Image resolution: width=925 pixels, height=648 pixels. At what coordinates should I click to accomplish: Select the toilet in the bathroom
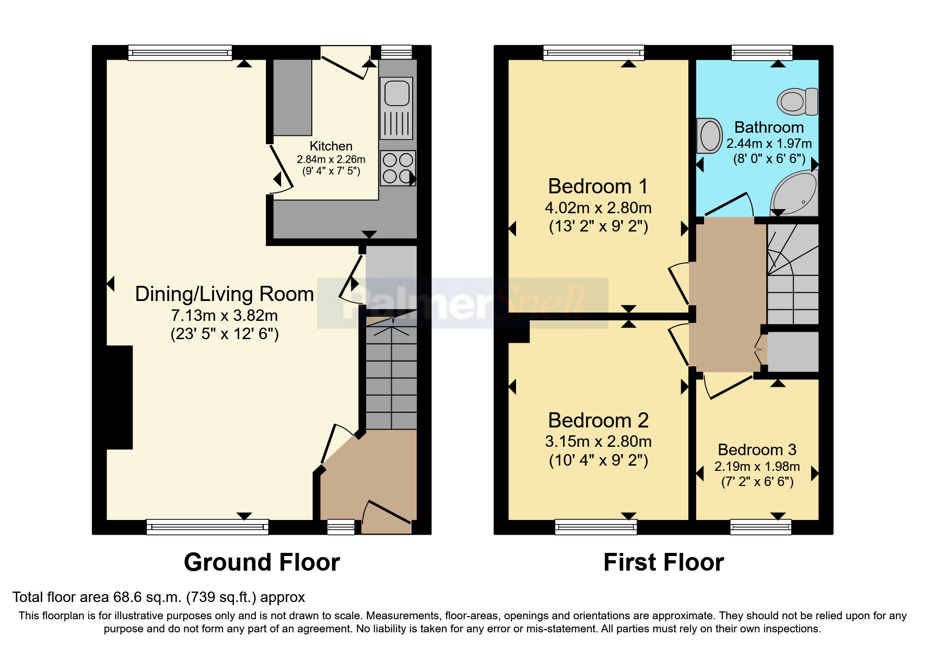point(797,101)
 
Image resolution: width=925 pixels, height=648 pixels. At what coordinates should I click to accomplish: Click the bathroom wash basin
point(709,136)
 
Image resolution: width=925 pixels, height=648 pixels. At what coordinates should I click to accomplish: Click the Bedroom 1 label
point(598,186)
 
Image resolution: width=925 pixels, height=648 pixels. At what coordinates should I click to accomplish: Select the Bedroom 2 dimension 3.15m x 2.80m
point(598,442)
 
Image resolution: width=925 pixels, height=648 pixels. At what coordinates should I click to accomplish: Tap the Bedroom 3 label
point(757,449)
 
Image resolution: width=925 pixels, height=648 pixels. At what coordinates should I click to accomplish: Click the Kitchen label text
point(331,146)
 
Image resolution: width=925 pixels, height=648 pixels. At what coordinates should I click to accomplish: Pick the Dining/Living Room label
point(225,294)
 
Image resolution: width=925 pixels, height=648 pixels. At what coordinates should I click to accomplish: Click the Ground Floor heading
point(262,562)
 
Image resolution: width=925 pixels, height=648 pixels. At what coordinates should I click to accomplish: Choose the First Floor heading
point(663,562)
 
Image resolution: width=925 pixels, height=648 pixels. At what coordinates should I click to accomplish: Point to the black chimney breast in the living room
point(120,397)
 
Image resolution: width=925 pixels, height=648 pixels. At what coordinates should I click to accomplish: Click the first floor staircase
point(792,274)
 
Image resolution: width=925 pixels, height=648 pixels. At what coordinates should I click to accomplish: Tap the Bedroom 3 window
point(760,527)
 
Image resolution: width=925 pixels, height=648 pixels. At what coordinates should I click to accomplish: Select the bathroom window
point(762,53)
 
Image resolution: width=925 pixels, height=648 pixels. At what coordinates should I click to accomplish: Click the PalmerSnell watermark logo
point(463,303)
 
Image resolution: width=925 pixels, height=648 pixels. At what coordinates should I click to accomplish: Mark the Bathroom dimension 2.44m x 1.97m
point(769,143)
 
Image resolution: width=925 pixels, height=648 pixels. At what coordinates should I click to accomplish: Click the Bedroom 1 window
point(593,53)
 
